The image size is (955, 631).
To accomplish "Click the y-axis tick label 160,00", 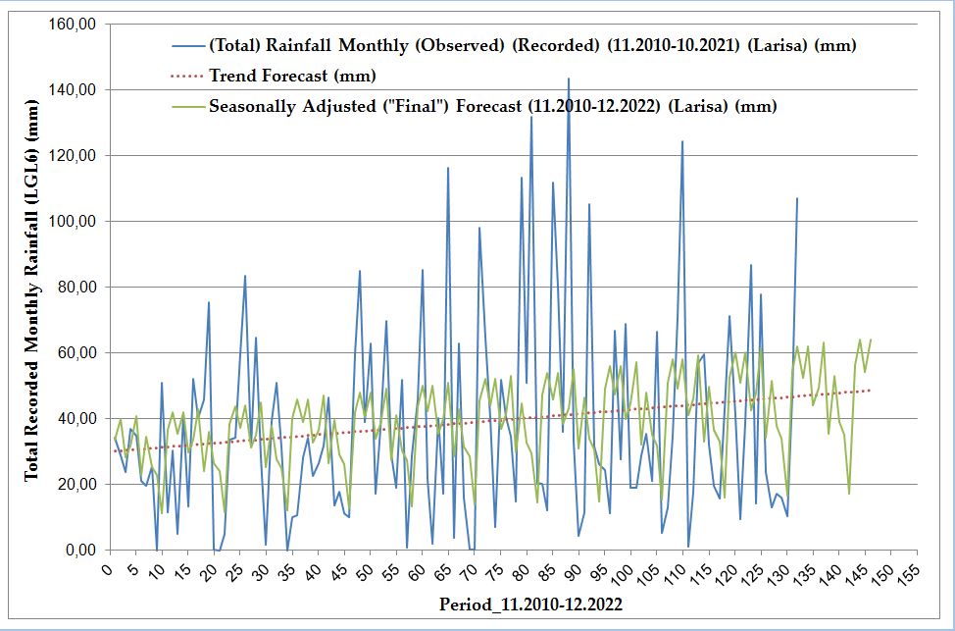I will [x=72, y=24].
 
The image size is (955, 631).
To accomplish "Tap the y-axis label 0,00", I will [x=79, y=550].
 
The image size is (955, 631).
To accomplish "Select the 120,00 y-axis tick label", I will [x=72, y=155].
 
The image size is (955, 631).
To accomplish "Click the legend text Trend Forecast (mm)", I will [x=292, y=76].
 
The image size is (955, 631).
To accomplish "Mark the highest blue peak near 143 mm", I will [x=569, y=79].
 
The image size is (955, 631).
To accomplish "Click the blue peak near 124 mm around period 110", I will [x=682, y=141].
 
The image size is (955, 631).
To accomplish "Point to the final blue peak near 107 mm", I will [x=797, y=198].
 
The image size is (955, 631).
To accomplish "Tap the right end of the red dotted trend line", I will [x=870, y=390].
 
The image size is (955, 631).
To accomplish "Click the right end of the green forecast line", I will [x=871, y=340].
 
